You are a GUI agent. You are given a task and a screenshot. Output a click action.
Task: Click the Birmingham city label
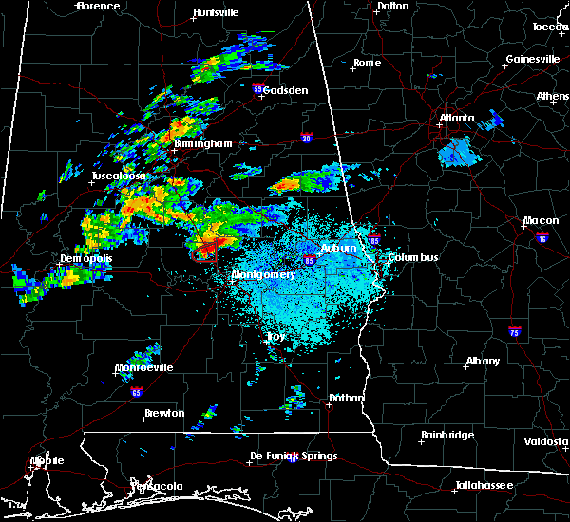[202, 143]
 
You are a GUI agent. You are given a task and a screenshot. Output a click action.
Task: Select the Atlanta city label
[458, 119]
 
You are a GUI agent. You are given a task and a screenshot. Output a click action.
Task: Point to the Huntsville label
[215, 13]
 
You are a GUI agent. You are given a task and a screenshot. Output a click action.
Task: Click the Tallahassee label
[484, 485]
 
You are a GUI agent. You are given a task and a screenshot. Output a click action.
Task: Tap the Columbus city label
[413, 257]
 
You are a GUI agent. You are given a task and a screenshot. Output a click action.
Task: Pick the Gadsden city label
[285, 90]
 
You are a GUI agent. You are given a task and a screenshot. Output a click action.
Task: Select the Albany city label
[483, 362]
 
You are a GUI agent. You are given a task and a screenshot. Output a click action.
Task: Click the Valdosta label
[546, 442]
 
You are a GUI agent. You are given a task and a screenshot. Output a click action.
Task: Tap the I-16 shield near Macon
[541, 235]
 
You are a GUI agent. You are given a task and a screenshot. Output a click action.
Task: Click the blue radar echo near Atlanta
[460, 151]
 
